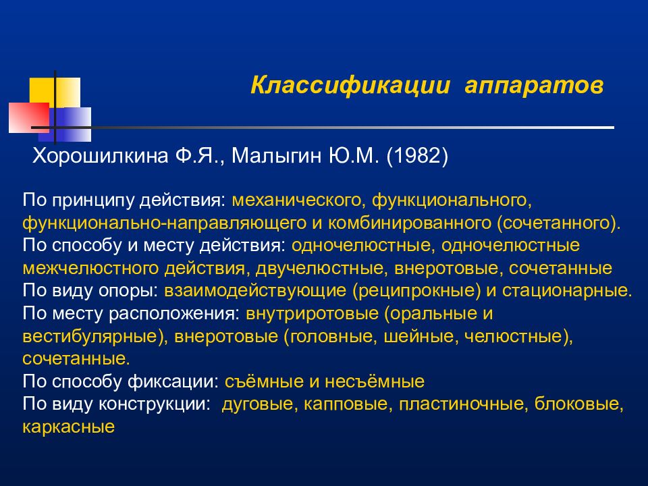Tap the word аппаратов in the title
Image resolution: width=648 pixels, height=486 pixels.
[534, 86]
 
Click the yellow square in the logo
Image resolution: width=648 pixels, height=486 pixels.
[55, 93]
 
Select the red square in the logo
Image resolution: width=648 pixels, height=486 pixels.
[29, 117]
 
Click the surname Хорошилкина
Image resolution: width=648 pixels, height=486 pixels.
[101, 156]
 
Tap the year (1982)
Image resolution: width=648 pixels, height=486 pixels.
[417, 156]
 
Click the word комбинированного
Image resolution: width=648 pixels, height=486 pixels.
[410, 223]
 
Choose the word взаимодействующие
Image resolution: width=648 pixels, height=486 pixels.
[255, 290]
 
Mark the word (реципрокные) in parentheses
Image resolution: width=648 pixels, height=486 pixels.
[416, 290]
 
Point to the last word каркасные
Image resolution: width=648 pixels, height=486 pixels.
[69, 427]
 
